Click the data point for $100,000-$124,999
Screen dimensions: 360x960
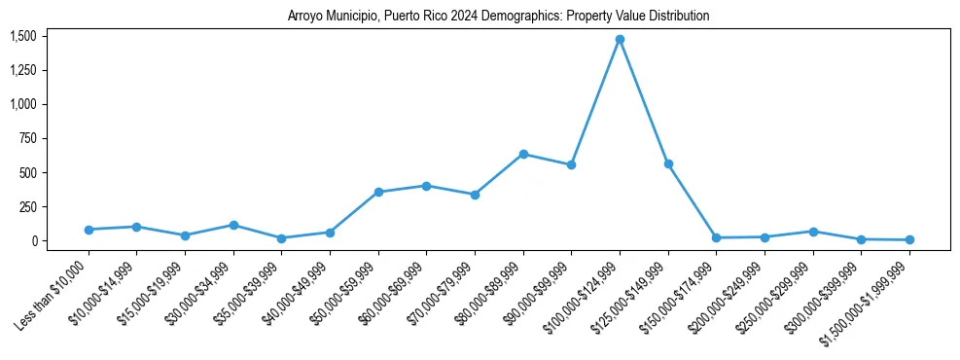click(x=620, y=40)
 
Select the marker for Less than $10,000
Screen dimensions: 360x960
click(x=89, y=230)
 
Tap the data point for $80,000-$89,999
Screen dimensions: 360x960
click(x=523, y=154)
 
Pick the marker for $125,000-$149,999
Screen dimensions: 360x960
click(x=668, y=163)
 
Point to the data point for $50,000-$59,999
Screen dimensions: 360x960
click(x=378, y=192)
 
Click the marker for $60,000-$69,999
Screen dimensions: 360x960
click(x=426, y=186)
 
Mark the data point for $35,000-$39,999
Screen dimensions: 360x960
click(x=281, y=238)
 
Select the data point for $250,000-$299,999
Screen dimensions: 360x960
click(x=813, y=232)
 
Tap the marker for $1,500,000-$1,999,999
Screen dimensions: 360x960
click(x=909, y=240)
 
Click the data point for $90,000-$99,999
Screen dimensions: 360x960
click(x=571, y=164)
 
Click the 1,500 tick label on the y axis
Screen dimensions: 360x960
click(x=23, y=36)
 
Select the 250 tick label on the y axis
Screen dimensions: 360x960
click(x=28, y=207)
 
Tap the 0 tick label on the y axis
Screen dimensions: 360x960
click(x=33, y=241)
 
